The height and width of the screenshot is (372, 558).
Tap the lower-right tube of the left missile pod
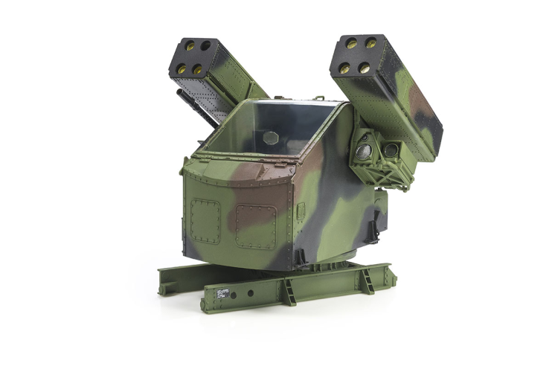(x=198, y=69)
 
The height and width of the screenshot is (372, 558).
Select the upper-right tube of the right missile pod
(x=371, y=44)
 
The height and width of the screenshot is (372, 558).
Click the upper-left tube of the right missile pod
(x=352, y=44)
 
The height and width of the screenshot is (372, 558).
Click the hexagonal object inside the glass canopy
(x=272, y=138)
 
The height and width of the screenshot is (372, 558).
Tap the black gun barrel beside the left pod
(x=185, y=99)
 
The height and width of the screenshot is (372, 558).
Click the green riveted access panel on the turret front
(x=205, y=222)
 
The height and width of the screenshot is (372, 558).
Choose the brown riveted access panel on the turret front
(x=256, y=226)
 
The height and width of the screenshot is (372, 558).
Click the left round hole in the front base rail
(x=232, y=295)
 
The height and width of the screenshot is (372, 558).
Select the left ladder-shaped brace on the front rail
(x=287, y=291)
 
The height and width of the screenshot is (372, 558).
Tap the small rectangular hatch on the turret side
(x=301, y=211)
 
